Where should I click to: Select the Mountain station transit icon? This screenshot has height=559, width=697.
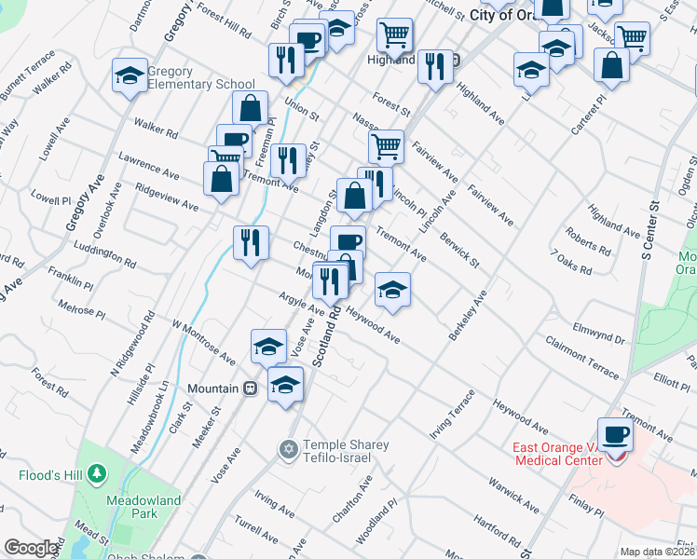coord(250,388)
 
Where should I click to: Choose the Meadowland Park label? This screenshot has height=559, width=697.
coord(143,507)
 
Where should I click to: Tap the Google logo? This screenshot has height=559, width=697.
coord(31,548)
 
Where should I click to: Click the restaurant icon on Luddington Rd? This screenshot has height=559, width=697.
coord(251,243)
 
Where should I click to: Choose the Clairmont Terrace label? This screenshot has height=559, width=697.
coord(582,358)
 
